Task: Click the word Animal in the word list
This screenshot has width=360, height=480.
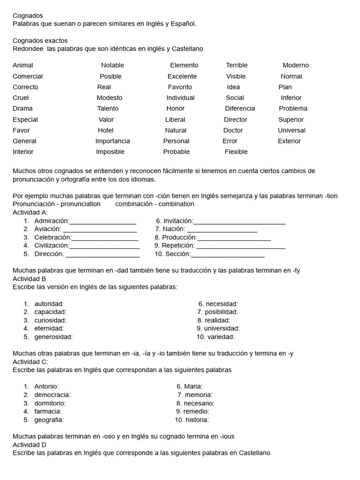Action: pos(23,65)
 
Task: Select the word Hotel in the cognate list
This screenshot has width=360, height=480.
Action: pos(105,130)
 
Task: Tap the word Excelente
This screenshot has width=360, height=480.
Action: pos(182,76)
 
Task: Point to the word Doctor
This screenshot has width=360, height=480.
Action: pos(233,130)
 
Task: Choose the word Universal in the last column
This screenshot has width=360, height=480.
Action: pos(292,130)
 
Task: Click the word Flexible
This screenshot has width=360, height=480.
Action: pos(236,152)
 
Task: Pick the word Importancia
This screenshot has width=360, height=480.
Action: pos(112,141)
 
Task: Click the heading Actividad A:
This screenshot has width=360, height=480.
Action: pos(30,212)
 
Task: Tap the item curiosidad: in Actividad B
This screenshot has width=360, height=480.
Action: pos(50,320)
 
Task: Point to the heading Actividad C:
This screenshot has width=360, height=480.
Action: pos(30,362)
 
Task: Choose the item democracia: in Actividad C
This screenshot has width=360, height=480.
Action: pos(52,395)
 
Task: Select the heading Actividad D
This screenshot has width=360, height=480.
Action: pos(30,445)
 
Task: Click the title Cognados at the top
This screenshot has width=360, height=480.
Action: pos(28,16)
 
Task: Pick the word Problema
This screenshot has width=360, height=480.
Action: pos(293,109)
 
